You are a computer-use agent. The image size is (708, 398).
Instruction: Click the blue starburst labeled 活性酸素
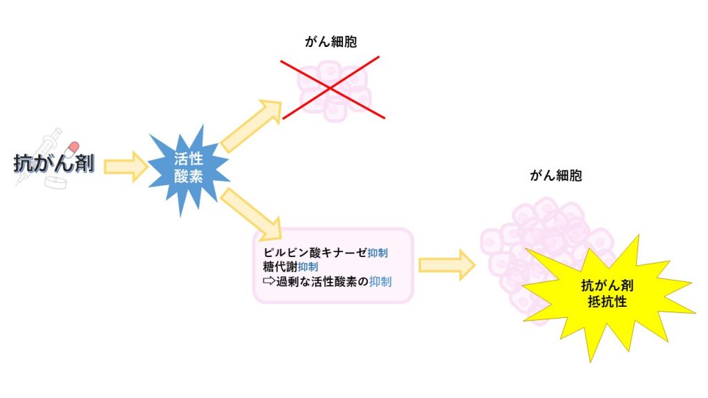(188, 168)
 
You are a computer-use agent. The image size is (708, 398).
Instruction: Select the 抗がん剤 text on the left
(54, 164)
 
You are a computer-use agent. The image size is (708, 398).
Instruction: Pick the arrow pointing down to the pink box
(252, 211)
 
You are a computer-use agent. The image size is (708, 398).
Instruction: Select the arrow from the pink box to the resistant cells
(447, 265)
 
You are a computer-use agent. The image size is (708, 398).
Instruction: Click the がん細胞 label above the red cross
(330, 43)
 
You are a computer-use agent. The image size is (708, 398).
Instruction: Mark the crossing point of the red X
(330, 88)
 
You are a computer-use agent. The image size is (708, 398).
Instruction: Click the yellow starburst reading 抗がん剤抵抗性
(603, 293)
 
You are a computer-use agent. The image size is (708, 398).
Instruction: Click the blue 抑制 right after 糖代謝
(308, 267)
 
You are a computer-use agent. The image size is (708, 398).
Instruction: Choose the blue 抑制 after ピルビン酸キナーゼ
(378, 253)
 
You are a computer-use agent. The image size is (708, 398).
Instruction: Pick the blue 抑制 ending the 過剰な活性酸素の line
(380, 281)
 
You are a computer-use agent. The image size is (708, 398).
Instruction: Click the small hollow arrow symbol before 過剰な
(268, 281)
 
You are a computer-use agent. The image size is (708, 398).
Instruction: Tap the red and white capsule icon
(71, 148)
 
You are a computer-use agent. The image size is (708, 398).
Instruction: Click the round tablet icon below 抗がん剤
(56, 183)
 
